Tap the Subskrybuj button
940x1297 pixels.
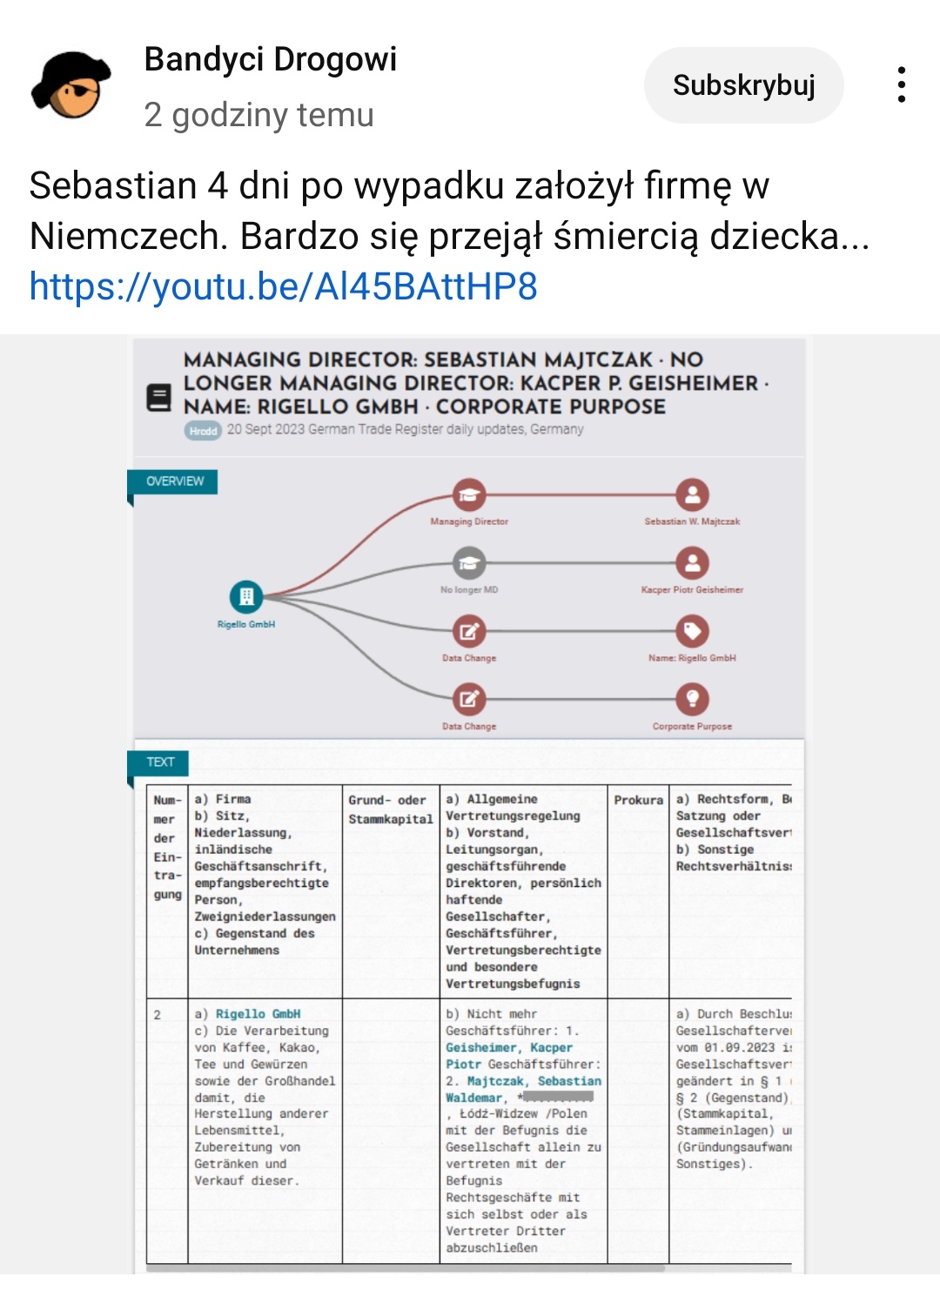click(743, 85)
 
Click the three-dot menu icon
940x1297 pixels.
click(902, 85)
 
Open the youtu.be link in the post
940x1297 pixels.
click(283, 286)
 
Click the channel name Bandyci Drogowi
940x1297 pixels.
click(270, 59)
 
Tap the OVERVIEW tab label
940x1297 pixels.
click(174, 481)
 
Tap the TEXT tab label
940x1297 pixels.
click(160, 762)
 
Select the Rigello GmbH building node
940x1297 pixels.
click(246, 596)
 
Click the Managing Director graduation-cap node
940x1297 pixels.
click(469, 495)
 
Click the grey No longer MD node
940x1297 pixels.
click(469, 563)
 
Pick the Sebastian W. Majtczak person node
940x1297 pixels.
click(692, 495)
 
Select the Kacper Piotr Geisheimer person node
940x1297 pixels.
click(692, 563)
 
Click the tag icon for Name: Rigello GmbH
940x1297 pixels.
click(692, 631)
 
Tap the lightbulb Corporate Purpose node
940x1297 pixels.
click(692, 699)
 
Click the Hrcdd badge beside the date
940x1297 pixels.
click(203, 430)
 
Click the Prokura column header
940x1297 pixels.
click(638, 800)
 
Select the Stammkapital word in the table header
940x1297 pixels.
click(390, 819)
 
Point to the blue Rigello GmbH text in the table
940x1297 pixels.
click(258, 1014)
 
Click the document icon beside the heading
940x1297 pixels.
click(158, 398)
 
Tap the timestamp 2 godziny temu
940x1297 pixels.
click(258, 115)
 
